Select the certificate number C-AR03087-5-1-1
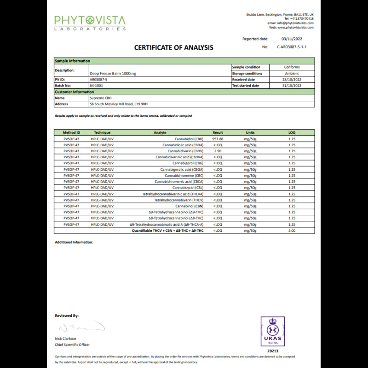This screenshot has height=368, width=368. click(292, 47)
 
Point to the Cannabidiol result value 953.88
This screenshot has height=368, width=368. click(218, 138)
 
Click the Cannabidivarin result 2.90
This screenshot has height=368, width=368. click(218, 151)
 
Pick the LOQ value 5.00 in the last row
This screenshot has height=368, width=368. click(292, 230)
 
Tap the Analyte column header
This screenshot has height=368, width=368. click(160, 132)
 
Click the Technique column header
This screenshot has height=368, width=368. click(102, 132)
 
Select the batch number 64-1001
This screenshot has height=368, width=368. click(96, 86)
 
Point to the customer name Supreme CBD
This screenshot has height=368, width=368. click(101, 98)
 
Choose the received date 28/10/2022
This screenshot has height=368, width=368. click(292, 80)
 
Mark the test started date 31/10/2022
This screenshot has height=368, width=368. click(292, 86)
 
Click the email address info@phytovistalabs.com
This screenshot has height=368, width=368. click(297, 23)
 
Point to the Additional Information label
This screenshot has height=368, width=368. click(74, 242)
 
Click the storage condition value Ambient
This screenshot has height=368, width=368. click(292, 74)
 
